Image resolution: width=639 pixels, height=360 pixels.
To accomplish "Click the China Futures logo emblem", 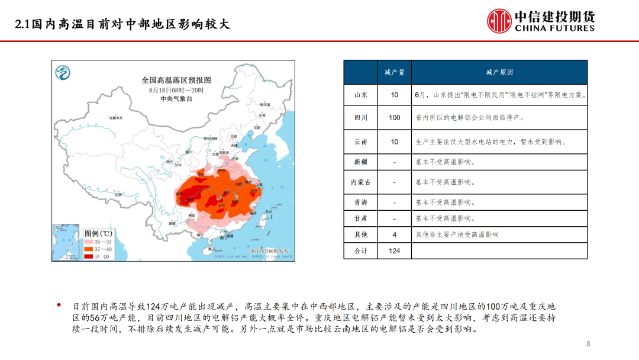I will (499, 21).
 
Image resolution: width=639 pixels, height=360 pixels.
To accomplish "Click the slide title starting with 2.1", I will (122, 24).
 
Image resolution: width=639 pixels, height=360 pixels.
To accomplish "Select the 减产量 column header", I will (394, 72).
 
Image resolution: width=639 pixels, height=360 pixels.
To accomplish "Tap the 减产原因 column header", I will (499, 72).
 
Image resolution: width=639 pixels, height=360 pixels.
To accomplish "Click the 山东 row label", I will (360, 95).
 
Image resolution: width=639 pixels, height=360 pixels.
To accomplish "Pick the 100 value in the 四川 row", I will (394, 118).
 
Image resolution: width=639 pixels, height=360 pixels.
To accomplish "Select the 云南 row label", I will (360, 142).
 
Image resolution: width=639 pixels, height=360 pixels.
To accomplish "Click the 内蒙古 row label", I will (360, 182).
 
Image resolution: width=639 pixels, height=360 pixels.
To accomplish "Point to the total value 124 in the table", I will (394, 251).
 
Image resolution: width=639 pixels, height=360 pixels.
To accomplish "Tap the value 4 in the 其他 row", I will (394, 234).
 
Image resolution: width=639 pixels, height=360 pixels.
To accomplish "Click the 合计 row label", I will (360, 251).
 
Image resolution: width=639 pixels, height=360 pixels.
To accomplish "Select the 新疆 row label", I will (360, 162).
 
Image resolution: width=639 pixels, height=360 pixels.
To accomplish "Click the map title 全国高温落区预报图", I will (176, 80).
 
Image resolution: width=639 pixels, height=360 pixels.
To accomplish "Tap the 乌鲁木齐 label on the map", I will (115, 118).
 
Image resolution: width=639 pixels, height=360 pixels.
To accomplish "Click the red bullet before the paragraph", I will (59, 306).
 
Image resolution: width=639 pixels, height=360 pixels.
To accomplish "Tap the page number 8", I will (588, 344).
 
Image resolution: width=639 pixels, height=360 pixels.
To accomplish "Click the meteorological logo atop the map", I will (62, 73).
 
